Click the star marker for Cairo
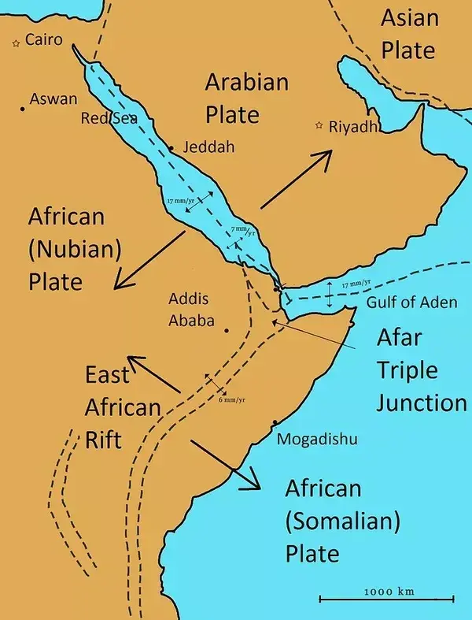pos(15,44)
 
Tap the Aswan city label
pos(53,99)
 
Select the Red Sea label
pos(109,118)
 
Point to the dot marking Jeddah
pos(171,147)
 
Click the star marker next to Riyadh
pos(319,125)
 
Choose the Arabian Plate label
pos(246,98)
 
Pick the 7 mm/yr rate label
pos(242,230)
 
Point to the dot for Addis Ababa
pos(227,331)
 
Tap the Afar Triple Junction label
pos(420,370)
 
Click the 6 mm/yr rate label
pos(231,399)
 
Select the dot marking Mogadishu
pos(274,424)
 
